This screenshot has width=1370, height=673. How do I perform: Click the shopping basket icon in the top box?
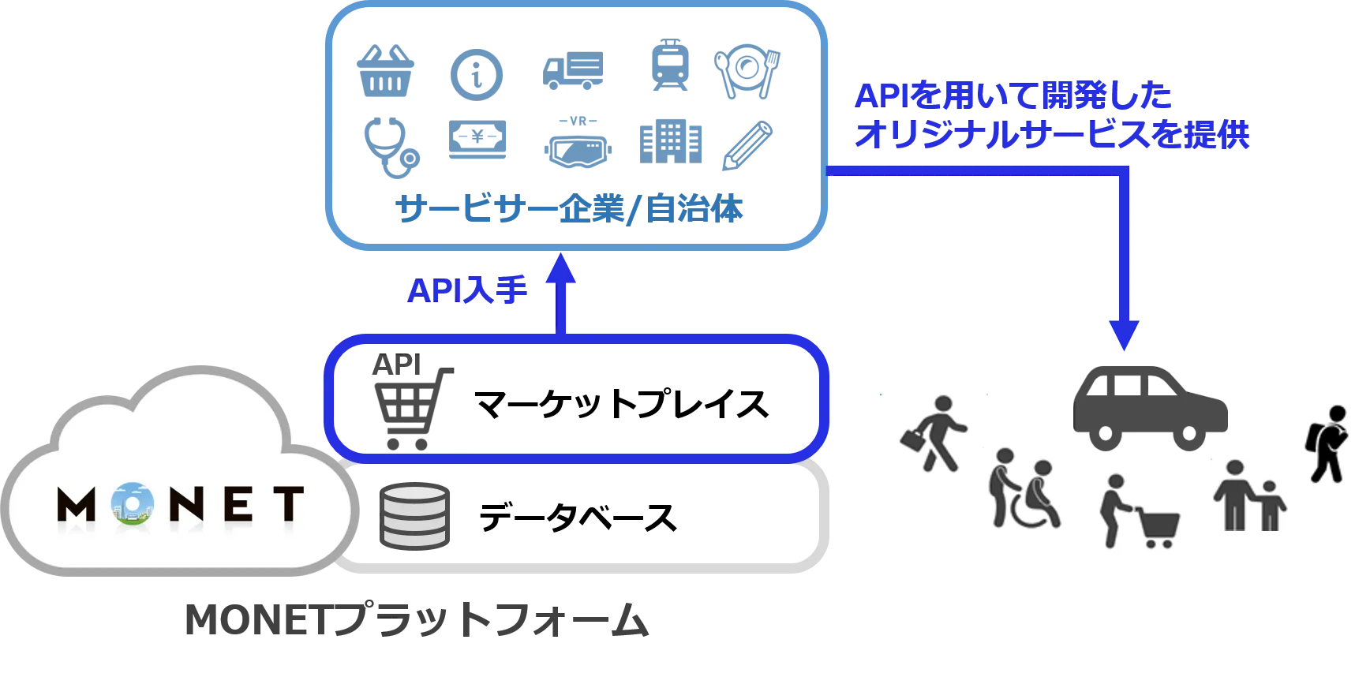pyautogui.click(x=386, y=73)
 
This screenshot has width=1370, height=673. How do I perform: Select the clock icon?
pyautogui.click(x=477, y=74)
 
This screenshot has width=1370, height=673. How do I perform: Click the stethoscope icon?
pyautogui.click(x=390, y=146)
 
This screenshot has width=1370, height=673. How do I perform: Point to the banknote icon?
pyautogui.click(x=479, y=142)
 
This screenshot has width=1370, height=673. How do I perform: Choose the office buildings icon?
pyautogui.click(x=671, y=142)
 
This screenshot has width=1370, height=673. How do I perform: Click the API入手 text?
pyautogui.click(x=466, y=292)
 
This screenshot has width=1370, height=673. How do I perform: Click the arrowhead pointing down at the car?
pyautogui.click(x=1123, y=335)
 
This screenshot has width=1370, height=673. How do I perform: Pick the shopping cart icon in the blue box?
pyautogui.click(x=406, y=399)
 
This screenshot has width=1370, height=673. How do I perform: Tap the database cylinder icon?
pyautogui.click(x=417, y=517)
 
